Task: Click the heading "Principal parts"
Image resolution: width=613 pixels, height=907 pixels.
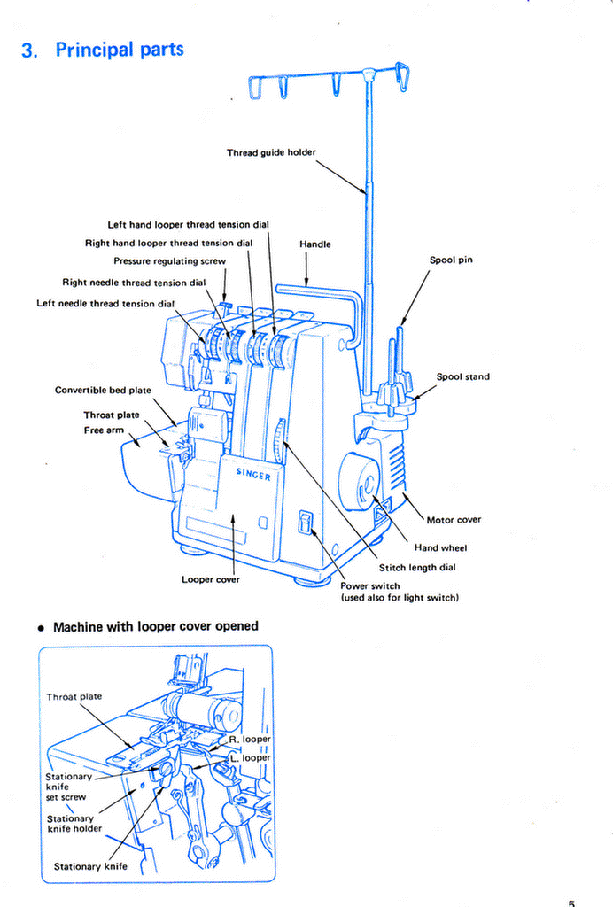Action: [120, 50]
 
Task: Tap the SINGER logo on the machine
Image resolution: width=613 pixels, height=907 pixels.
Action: [253, 475]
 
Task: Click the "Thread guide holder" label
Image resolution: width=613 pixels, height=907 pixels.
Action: [271, 152]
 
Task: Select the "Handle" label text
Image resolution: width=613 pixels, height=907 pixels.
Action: [315, 244]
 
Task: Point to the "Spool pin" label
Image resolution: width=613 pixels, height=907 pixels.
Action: [451, 260]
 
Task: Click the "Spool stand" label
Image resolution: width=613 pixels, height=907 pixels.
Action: [462, 376]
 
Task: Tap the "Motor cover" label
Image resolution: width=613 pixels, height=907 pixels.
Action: [454, 520]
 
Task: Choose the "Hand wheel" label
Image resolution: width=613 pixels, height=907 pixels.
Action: [440, 547]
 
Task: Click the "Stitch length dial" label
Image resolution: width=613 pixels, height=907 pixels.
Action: [417, 568]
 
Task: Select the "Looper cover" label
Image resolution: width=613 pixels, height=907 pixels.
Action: [211, 579]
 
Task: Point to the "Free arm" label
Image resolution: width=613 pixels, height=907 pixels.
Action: [104, 430]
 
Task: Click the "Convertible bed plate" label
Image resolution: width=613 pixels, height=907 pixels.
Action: [103, 391]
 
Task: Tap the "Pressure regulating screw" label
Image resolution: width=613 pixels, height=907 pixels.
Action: [169, 261]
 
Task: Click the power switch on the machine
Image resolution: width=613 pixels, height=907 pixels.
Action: [305, 522]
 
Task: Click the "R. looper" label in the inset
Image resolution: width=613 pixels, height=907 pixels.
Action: [249, 740]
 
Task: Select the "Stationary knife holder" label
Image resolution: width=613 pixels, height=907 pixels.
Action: [74, 823]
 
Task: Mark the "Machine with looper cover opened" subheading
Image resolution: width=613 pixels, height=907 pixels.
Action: [156, 626]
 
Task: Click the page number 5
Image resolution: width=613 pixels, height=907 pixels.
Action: [571, 903]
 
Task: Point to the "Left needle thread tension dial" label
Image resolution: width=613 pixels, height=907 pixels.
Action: [105, 304]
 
